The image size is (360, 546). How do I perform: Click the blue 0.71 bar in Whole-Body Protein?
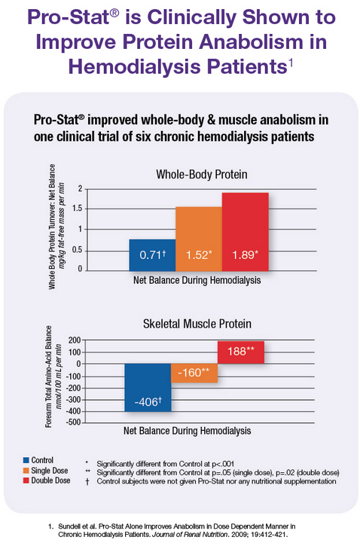tap(152, 255)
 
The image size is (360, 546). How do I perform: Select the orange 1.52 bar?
tap(199, 239)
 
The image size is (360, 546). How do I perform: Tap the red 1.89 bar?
tap(245, 231)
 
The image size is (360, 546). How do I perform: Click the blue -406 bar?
tap(148, 388)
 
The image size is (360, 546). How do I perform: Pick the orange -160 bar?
tap(194, 374)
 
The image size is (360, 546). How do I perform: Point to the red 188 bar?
tap(241, 352)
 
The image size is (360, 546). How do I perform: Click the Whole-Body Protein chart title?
tap(202, 175)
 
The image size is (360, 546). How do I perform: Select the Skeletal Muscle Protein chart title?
tap(197, 324)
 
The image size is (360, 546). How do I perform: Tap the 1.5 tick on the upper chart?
tap(77, 209)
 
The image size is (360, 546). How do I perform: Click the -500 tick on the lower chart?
tap(74, 422)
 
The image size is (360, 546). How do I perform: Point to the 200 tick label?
tap(75, 340)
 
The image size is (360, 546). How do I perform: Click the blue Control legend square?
tap(26, 460)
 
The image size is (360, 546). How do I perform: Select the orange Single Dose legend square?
tap(26, 471)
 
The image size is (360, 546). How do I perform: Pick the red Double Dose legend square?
tap(26, 480)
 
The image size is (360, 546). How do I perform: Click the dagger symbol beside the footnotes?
tap(87, 481)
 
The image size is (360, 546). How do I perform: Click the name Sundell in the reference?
tap(68, 526)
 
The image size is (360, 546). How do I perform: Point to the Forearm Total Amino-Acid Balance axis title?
tap(49, 377)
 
